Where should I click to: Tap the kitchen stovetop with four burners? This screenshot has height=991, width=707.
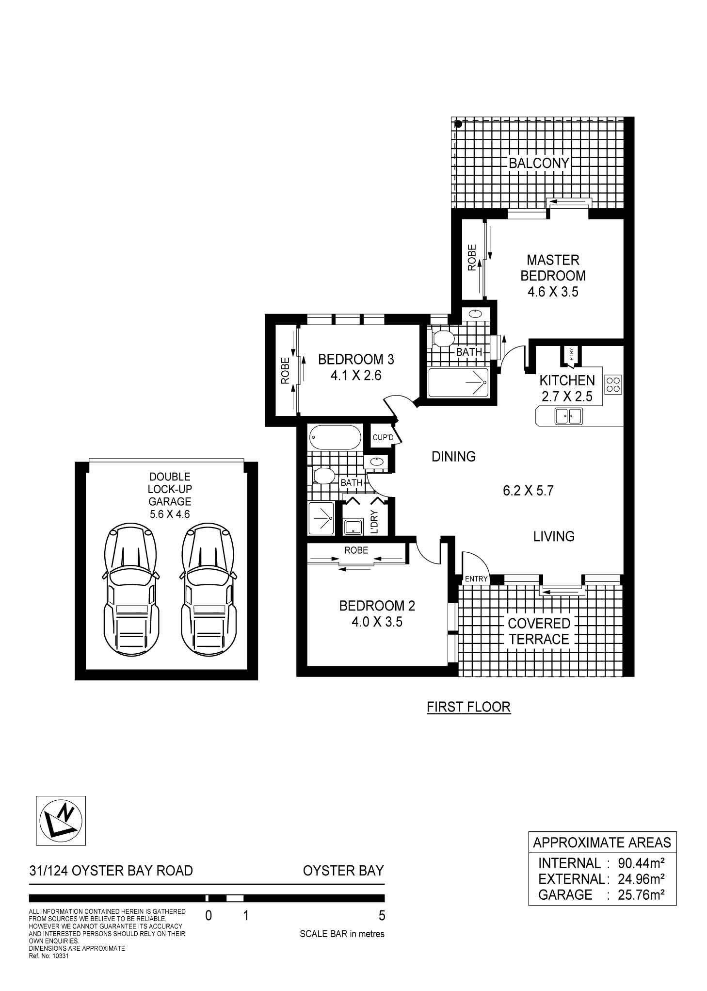coord(613,384)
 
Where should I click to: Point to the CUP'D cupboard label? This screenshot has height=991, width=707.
coord(383,438)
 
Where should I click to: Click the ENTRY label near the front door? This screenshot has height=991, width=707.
coord(476,578)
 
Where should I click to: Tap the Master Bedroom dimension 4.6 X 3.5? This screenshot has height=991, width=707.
coord(553,292)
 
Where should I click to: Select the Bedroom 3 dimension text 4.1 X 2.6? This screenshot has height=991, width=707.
coord(356,375)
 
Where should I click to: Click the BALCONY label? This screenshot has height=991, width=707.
coord(539,163)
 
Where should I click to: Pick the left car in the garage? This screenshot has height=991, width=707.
coord(131,590)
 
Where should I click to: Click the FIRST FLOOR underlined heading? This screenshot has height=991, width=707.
coord(468,707)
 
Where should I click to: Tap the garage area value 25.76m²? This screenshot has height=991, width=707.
coord(640,894)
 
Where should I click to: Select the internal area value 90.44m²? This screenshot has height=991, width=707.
coord(641,863)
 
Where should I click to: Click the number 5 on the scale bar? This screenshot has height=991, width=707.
coord(382,916)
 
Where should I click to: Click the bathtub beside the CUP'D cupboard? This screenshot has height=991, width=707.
coord(335,438)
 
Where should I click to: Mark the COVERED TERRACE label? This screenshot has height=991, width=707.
coord(539,631)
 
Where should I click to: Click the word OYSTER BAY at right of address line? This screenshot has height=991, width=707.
coord(343,871)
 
